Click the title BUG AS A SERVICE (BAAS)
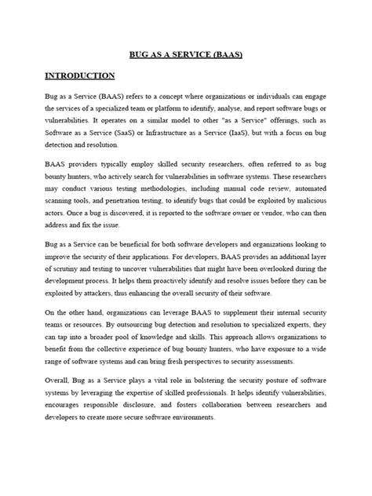tap(185, 56)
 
